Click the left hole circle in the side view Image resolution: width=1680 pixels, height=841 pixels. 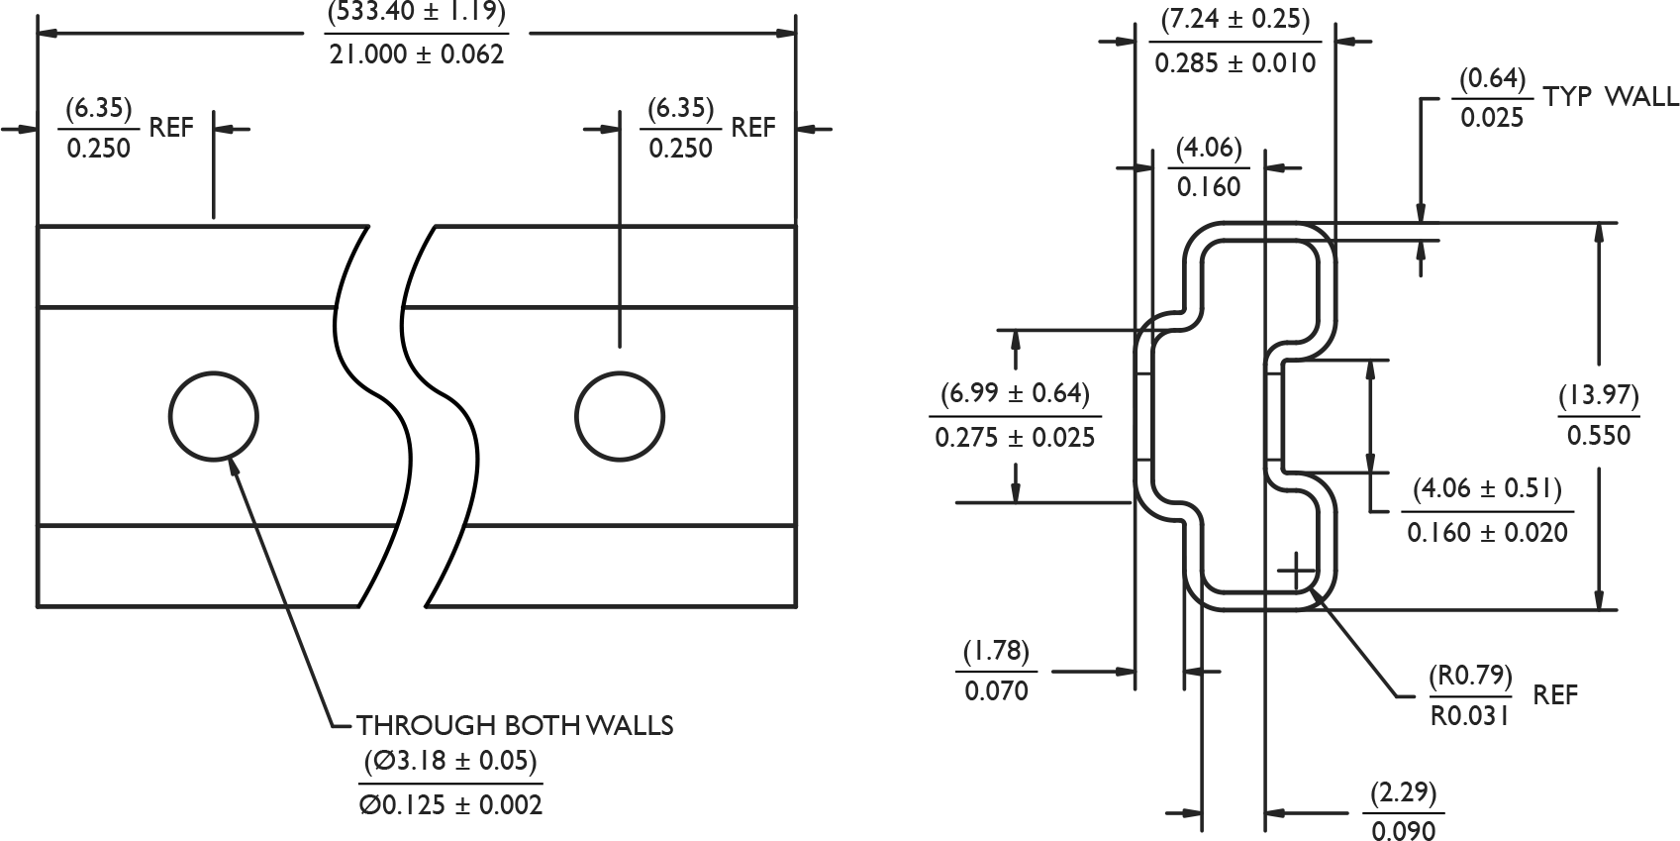[214, 415]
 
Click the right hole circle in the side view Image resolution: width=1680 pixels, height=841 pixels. [620, 415]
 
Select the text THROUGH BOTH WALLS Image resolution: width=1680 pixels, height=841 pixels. [515, 726]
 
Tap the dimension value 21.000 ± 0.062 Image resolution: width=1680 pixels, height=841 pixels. [417, 54]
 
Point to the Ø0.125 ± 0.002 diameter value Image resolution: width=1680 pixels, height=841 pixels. [450, 804]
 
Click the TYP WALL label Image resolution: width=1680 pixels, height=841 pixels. [1611, 96]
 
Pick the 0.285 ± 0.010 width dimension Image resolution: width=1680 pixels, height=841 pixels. [1235, 63]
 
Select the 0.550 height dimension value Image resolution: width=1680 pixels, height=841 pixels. [1599, 435]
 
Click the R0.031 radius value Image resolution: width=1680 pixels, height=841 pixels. [1470, 715]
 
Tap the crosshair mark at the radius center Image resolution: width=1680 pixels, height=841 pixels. [1296, 572]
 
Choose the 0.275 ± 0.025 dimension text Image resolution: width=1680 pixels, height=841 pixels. [1016, 437]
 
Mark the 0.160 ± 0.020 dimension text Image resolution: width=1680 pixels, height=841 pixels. [1488, 532]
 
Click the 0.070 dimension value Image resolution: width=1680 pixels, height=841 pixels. [997, 690]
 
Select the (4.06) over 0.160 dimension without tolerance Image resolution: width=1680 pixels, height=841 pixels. [1209, 167]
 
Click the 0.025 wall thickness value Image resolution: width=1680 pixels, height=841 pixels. [1492, 118]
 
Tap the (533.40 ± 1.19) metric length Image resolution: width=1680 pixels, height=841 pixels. [417, 13]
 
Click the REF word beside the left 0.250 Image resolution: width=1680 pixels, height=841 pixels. [171, 128]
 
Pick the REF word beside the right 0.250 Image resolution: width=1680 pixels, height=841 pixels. [753, 128]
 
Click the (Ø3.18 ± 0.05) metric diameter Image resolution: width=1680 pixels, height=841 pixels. [450, 762]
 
